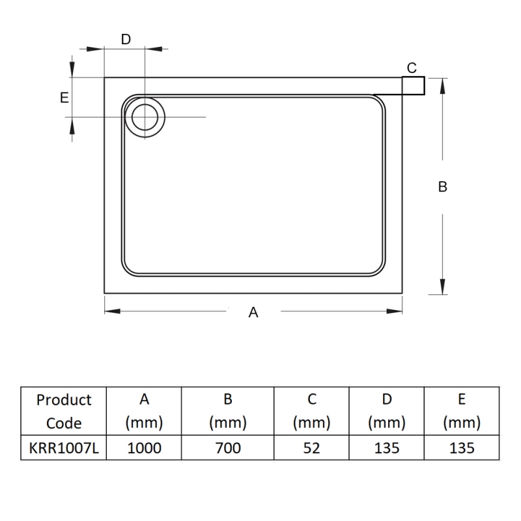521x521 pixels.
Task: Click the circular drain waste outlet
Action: pyautogui.click(x=145, y=117)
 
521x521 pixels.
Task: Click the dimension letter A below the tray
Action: pyautogui.click(x=254, y=313)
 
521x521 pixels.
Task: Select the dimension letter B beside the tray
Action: pyautogui.click(x=443, y=186)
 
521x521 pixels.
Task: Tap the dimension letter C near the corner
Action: pyautogui.click(x=412, y=68)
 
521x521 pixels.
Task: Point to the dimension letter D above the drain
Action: pyautogui.click(x=126, y=40)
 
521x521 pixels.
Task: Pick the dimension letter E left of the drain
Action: pyautogui.click(x=64, y=98)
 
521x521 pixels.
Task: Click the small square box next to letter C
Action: pyautogui.click(x=414, y=85)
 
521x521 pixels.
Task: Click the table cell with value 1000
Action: pyautogui.click(x=143, y=448)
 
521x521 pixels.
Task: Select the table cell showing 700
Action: pyautogui.click(x=227, y=448)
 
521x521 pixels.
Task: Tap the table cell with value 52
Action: pyautogui.click(x=311, y=448)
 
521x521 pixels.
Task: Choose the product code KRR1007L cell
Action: pyautogui.click(x=64, y=448)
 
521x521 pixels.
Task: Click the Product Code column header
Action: pyautogui.click(x=64, y=411)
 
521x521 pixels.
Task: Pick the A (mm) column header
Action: pyautogui.click(x=143, y=411)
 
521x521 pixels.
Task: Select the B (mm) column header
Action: pyautogui.click(x=227, y=411)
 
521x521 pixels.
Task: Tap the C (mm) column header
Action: pyautogui.click(x=311, y=411)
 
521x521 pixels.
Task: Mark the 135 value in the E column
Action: pyautogui.click(x=461, y=448)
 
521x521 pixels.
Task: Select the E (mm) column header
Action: pyautogui.click(x=461, y=411)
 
